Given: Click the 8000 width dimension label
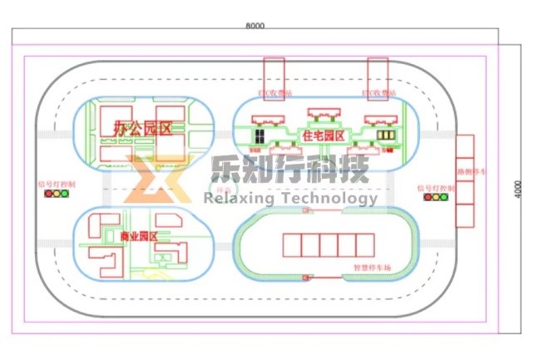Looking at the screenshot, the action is click(255, 26).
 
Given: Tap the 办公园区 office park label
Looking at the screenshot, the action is click(142, 128).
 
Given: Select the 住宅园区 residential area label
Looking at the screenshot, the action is click(324, 134).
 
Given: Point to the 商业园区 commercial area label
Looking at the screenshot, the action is click(139, 237).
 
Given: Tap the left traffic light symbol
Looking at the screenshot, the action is click(57, 194).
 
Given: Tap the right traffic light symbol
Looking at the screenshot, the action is click(437, 196).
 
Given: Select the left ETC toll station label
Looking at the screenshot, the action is click(275, 93).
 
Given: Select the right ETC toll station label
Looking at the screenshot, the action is click(378, 93).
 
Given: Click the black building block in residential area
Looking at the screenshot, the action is click(260, 135).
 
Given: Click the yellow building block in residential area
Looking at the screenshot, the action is click(385, 135).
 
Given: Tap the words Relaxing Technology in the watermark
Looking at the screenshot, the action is click(290, 198).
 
